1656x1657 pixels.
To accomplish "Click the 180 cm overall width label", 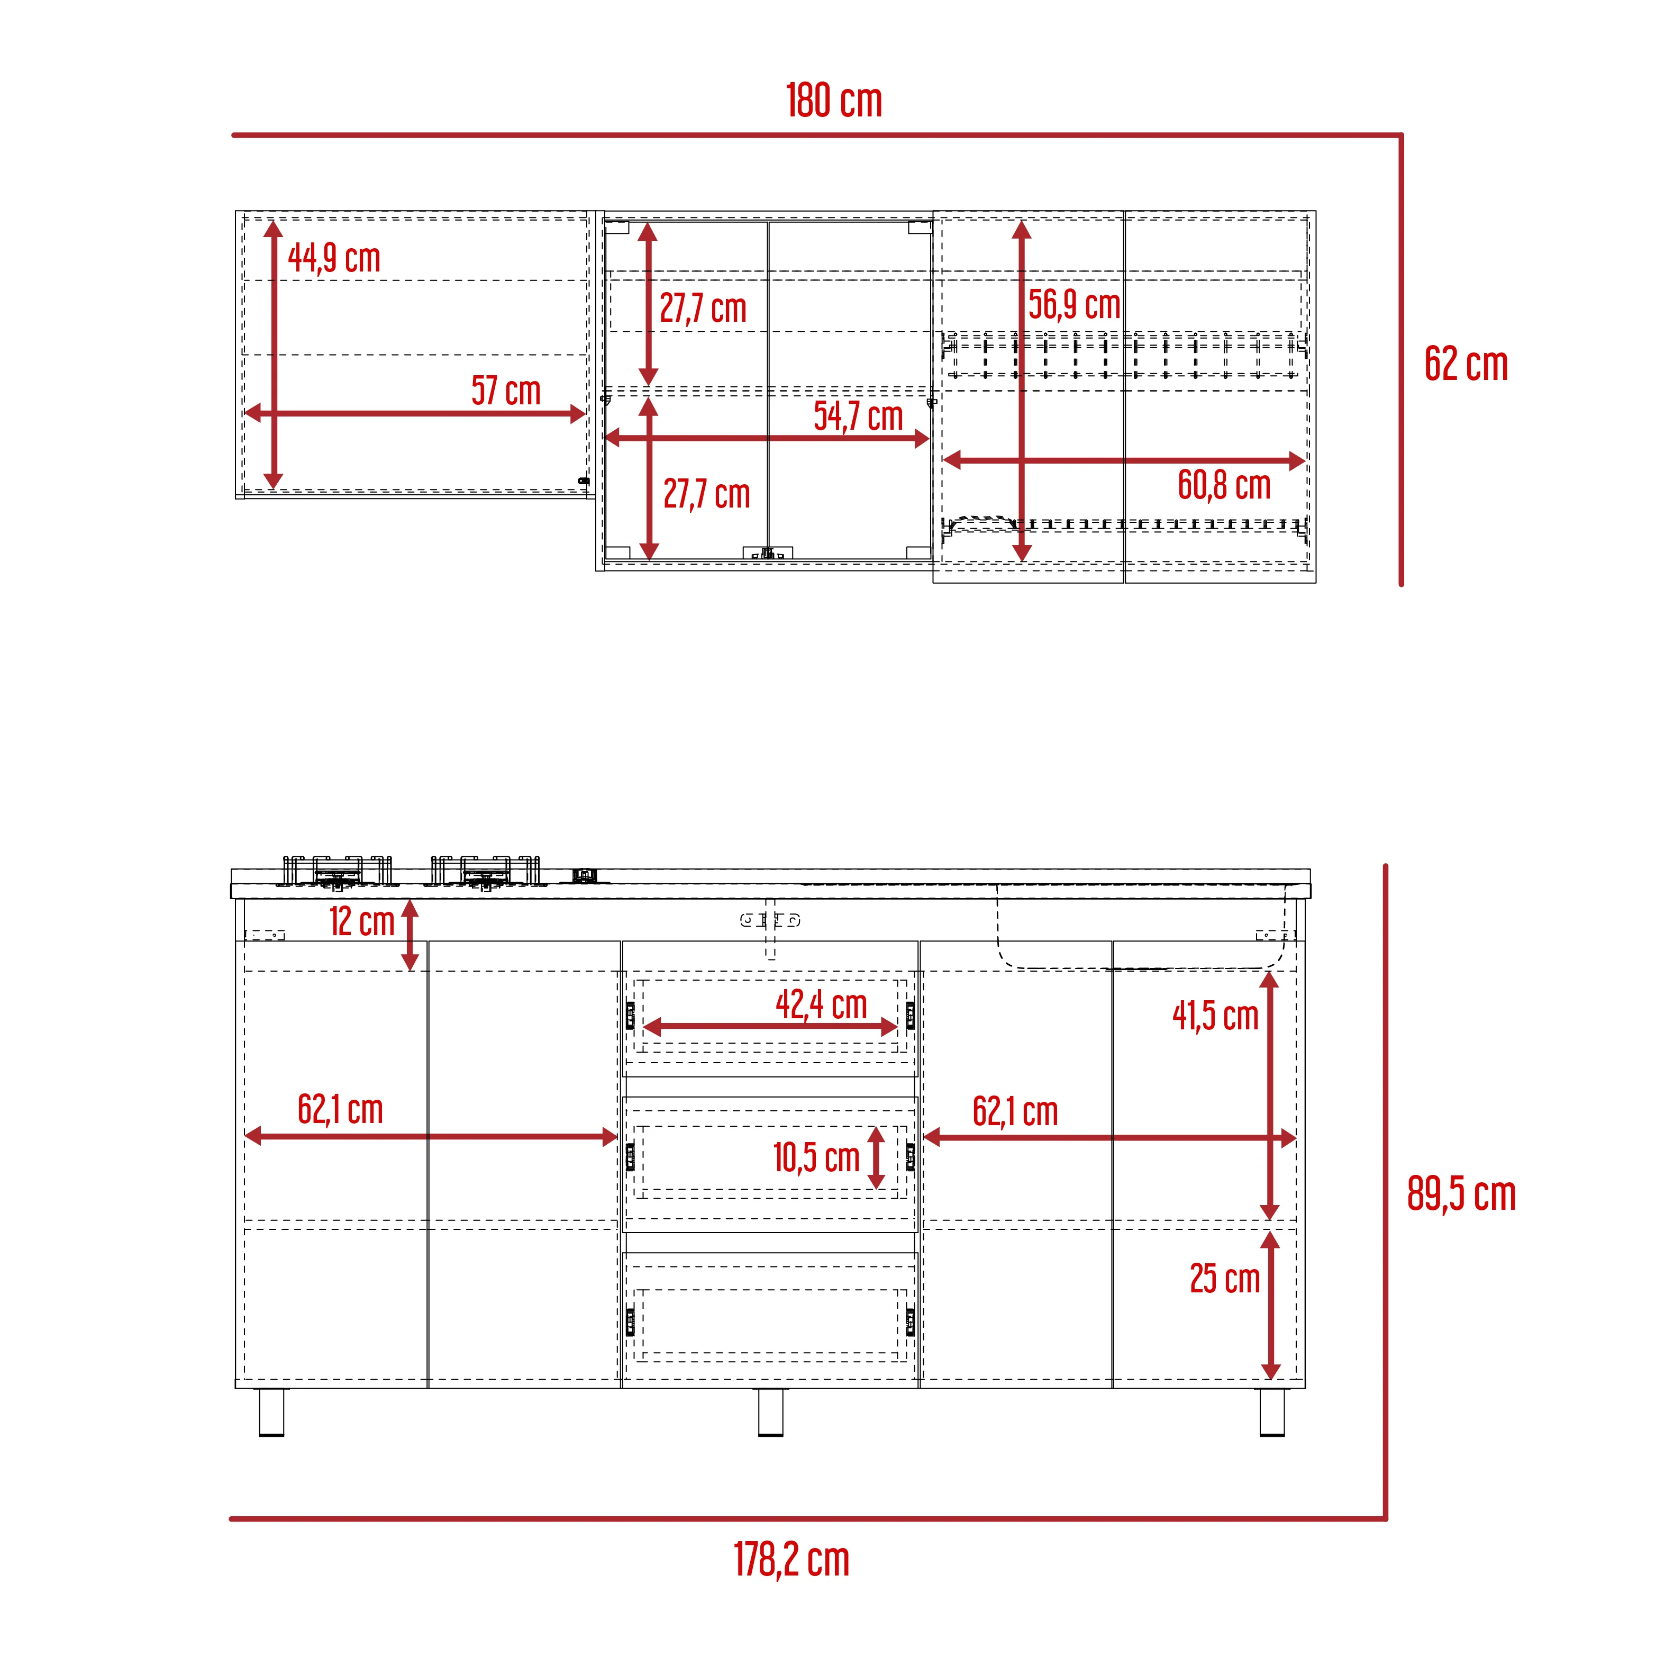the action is click(x=834, y=101).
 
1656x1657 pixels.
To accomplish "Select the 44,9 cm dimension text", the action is click(x=334, y=258).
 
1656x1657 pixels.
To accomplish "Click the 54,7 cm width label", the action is click(x=859, y=417).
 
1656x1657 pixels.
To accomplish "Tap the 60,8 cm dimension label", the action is click(x=1224, y=485).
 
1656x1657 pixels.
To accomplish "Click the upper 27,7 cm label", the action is click(x=703, y=309).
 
